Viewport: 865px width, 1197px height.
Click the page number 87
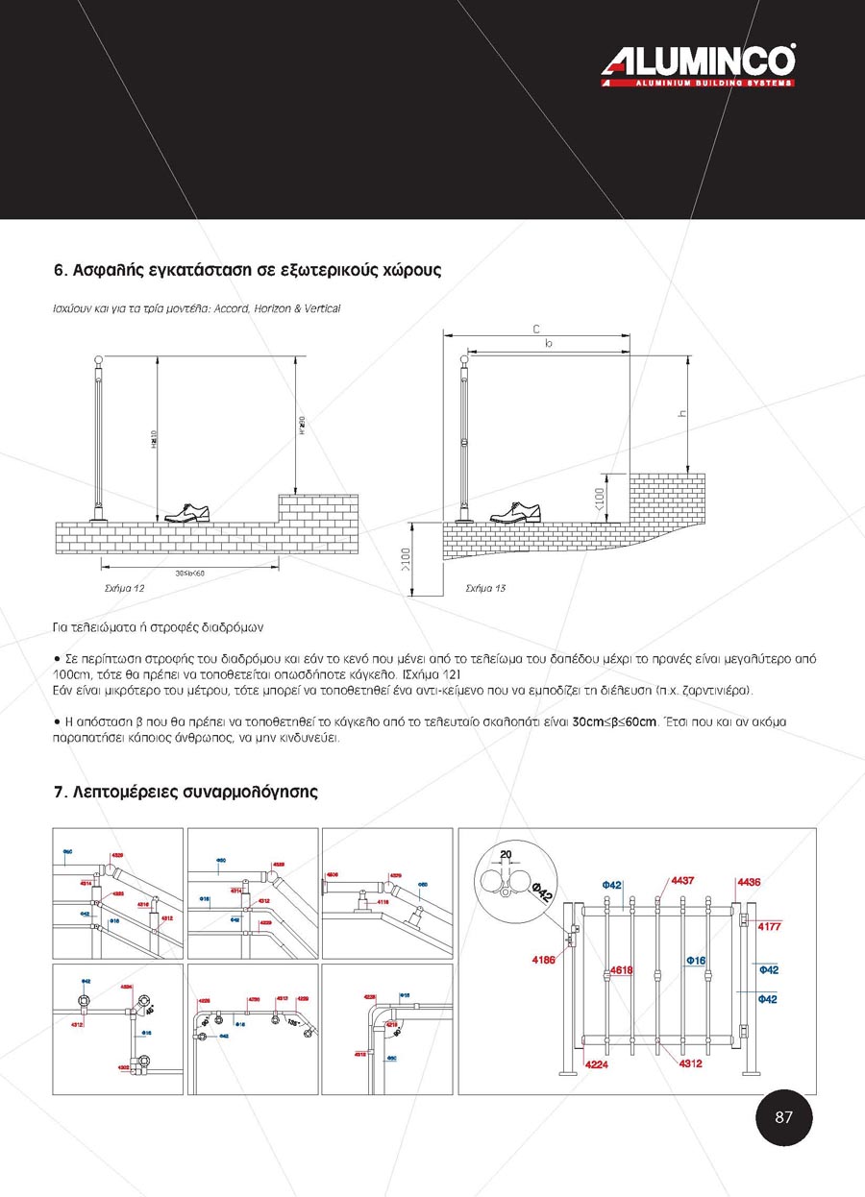click(783, 1116)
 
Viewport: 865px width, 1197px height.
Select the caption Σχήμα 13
click(485, 587)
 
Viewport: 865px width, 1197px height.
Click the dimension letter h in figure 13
click(681, 414)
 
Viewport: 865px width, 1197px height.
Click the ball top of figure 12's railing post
click(96, 360)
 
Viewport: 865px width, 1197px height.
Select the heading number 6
click(59, 271)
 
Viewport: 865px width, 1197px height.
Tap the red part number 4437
click(682, 880)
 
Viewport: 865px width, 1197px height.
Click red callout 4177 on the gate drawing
click(770, 927)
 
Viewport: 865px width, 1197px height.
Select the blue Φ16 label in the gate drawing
click(697, 960)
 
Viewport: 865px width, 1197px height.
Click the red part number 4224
click(597, 1064)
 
